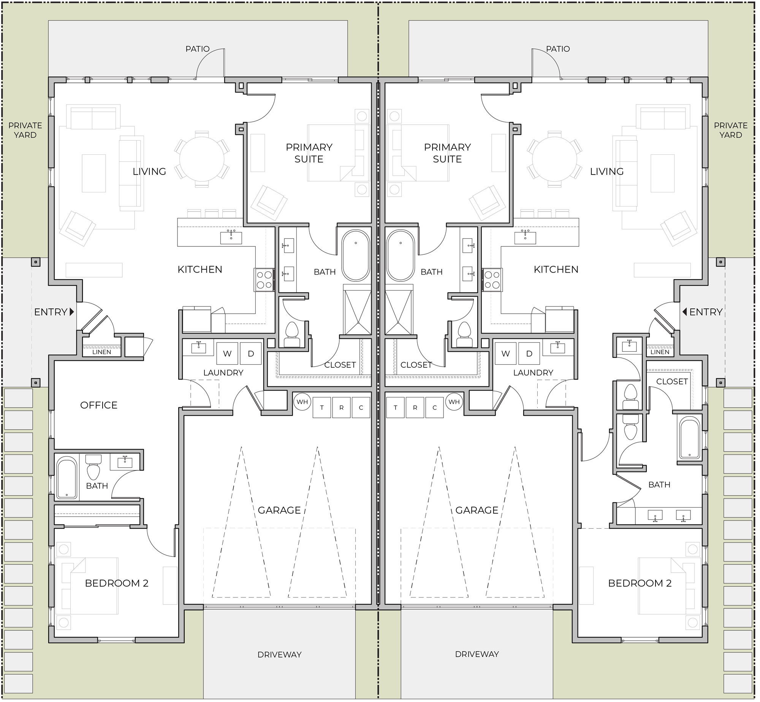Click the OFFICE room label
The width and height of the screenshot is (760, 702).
[99, 405]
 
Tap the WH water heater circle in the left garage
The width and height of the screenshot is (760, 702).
[302, 402]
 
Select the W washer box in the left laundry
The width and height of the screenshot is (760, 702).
[227, 354]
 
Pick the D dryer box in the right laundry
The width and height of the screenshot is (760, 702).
[529, 354]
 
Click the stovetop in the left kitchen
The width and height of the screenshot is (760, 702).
[264, 280]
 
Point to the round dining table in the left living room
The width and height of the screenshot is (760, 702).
[202, 159]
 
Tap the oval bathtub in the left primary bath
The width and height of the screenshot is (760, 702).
[356, 256]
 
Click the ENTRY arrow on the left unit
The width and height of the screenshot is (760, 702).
[72, 312]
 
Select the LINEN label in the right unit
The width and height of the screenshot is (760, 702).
[660, 352]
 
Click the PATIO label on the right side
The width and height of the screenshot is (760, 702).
[558, 49]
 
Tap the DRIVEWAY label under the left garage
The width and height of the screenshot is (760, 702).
[279, 654]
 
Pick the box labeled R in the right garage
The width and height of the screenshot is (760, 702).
[415, 407]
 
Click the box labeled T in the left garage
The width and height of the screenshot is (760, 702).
[322, 407]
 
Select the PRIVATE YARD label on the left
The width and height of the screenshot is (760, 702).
[25, 130]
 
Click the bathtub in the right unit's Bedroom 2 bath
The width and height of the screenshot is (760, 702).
[690, 438]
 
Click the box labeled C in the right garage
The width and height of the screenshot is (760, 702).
[435, 407]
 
